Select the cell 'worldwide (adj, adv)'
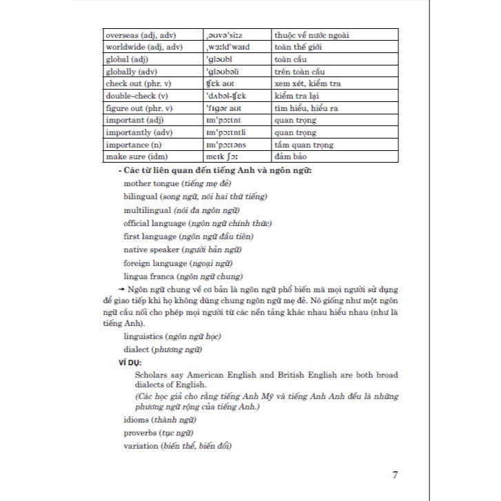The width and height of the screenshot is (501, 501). tap(145, 46)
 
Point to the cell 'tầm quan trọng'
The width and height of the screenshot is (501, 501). tap(304, 145)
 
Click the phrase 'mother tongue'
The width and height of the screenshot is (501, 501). tap(152, 184)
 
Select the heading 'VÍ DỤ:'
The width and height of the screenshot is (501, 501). tap(131, 361)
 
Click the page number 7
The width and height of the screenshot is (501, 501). tap(394, 475)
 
